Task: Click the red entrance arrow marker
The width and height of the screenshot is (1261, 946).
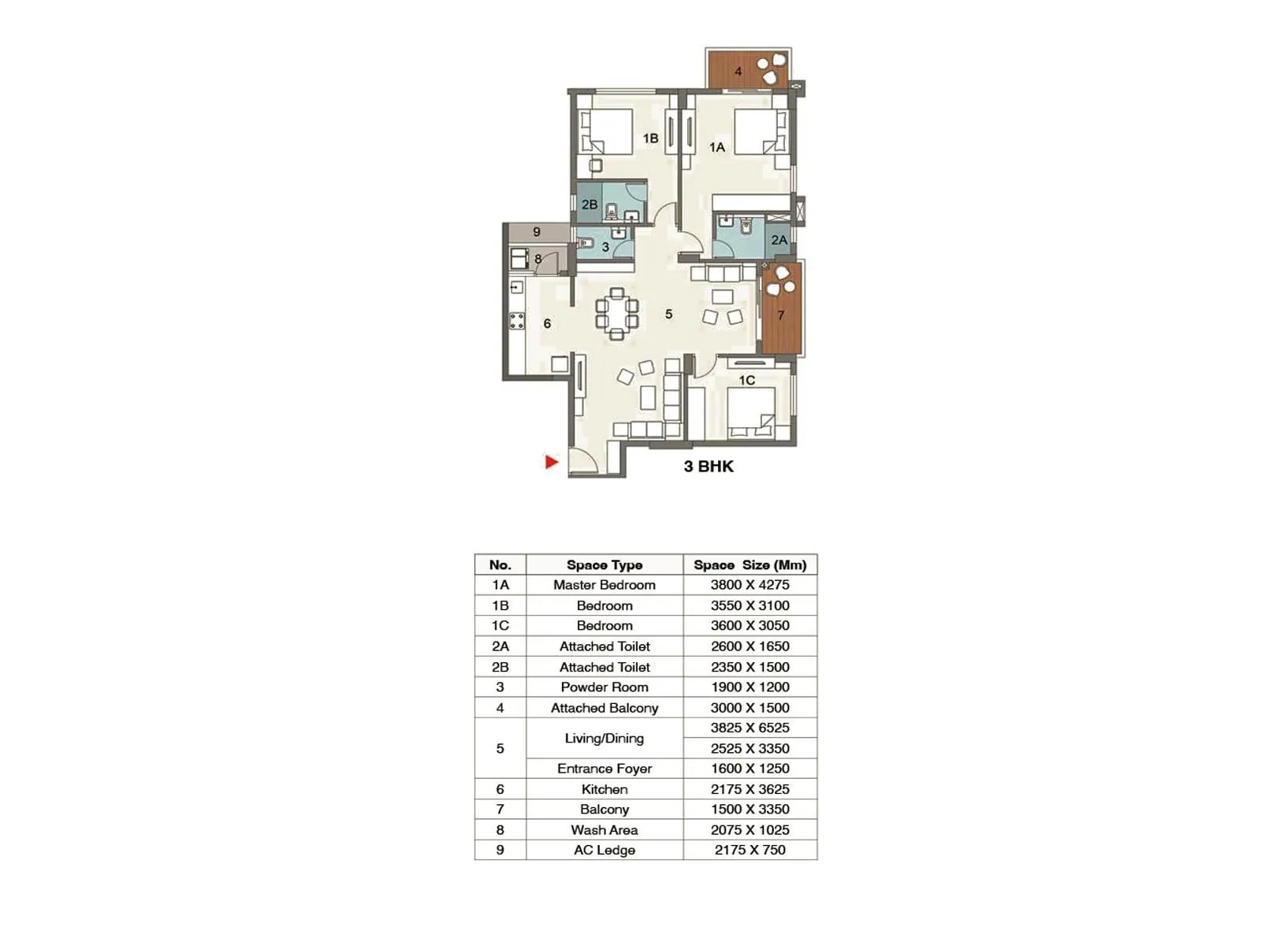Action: click(x=551, y=462)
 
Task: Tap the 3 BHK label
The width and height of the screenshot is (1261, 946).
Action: click(x=708, y=467)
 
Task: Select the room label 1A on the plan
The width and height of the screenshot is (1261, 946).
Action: click(x=716, y=147)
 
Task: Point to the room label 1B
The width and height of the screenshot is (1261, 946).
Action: click(x=650, y=139)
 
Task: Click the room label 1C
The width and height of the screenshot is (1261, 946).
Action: click(x=746, y=380)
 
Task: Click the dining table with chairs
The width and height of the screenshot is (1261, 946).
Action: click(x=616, y=314)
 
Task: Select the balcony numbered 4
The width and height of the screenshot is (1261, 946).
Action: click(x=738, y=71)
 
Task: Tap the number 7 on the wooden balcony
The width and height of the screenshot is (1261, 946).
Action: click(x=781, y=315)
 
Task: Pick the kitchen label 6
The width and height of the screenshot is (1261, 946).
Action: click(x=547, y=323)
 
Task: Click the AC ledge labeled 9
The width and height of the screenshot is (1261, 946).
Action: click(x=537, y=232)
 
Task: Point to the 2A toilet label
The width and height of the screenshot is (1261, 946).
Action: click(x=779, y=240)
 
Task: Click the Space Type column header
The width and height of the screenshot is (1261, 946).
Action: click(x=604, y=564)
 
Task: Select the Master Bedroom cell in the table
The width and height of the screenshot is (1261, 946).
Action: click(x=604, y=585)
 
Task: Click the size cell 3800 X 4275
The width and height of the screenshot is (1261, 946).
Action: click(x=750, y=585)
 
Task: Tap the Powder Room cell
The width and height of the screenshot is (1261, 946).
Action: click(x=604, y=687)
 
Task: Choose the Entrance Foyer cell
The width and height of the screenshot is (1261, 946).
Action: click(x=604, y=769)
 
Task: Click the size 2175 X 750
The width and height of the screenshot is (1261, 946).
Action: click(x=750, y=850)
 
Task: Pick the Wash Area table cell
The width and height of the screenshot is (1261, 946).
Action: click(x=604, y=830)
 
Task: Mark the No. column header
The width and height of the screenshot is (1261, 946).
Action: click(x=500, y=564)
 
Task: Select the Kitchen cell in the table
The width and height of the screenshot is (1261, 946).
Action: click(x=604, y=789)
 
